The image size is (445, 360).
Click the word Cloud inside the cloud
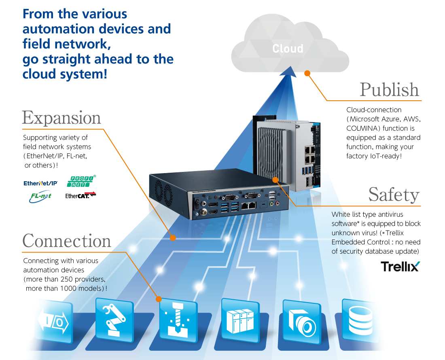click(x=288, y=49)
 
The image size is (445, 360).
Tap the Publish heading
click(x=389, y=90)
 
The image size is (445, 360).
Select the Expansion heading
click(x=61, y=118)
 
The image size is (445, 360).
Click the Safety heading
click(x=394, y=195)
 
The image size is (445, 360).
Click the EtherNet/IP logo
click(x=40, y=183)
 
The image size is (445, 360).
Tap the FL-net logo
click(x=40, y=196)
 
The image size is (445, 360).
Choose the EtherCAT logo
click(x=81, y=196)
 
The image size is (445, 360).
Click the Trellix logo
click(x=400, y=267)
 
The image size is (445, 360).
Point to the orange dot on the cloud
click(x=307, y=73)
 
